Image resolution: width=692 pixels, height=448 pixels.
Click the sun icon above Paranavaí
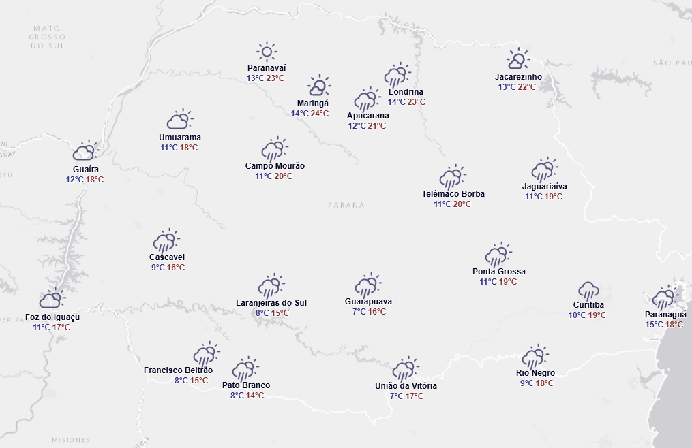click(266, 51)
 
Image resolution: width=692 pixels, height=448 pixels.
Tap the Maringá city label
click(313, 103)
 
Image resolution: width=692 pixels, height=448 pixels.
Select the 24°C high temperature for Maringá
click(320, 113)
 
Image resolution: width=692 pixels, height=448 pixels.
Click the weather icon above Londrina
click(397, 75)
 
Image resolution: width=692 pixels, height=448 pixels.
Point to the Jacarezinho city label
click(519, 77)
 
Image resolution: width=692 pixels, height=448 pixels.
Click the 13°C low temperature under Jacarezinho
click(507, 87)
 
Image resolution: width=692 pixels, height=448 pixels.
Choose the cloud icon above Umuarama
click(180, 120)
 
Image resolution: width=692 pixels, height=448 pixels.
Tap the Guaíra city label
click(86, 169)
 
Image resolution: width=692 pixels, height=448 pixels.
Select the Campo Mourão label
click(275, 165)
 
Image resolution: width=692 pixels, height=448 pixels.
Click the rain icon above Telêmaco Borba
click(453, 177)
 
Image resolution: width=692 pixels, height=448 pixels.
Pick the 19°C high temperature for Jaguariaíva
click(554, 197)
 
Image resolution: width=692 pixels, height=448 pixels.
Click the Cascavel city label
click(167, 257)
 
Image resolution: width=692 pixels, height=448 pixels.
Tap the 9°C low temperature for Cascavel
click(157, 268)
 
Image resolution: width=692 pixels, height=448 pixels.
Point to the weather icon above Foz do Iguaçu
click(52, 299)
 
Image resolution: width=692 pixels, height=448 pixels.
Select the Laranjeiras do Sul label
click(271, 302)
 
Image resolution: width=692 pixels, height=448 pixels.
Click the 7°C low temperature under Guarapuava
click(359, 312)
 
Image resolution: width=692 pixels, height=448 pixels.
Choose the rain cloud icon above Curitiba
click(588, 290)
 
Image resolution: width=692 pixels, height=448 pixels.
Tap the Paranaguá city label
click(664, 314)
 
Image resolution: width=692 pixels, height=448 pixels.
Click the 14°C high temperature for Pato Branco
click(255, 396)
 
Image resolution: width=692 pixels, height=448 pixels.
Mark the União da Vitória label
click(406, 386)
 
